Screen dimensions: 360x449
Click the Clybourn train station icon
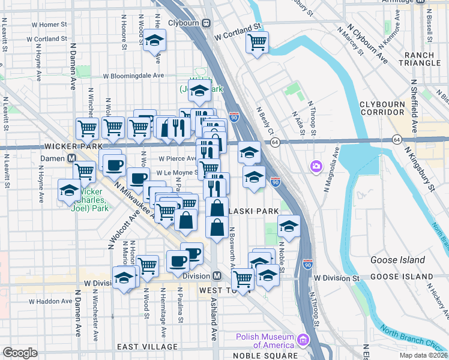(206, 23)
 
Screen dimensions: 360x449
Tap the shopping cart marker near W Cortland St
(257, 43)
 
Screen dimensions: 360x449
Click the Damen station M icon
(71, 158)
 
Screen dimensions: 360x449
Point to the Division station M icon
(218, 276)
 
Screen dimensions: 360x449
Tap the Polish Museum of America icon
(304, 341)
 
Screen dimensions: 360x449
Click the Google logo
(20, 353)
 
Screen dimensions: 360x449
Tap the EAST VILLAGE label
(147, 347)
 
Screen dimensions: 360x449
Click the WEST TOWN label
(215, 290)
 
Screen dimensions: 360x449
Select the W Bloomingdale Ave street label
(133, 76)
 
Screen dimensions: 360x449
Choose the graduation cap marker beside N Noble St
(289, 227)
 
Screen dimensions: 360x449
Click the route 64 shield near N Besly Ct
(275, 142)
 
